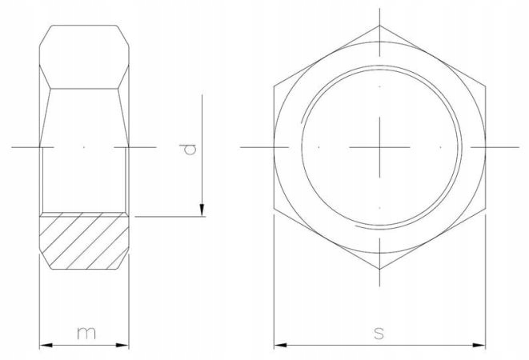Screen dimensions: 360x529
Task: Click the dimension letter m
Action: point(84,332)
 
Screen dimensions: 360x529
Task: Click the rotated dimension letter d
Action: point(186,149)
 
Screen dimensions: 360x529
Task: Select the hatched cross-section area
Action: point(84,240)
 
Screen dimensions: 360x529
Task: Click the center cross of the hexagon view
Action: point(380,148)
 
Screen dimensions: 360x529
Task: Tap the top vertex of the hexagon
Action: point(380,26)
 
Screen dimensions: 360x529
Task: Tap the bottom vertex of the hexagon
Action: point(380,270)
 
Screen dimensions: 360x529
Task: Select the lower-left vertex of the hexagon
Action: point(274,210)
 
